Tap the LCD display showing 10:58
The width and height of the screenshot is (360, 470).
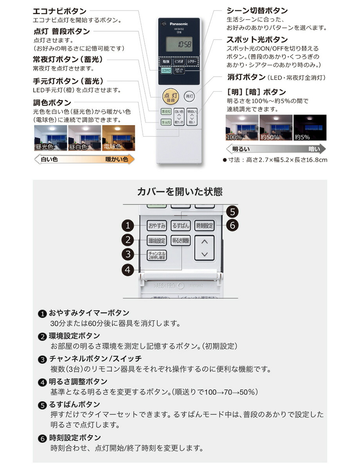click(179, 44)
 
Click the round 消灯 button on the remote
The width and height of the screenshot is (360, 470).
click(189, 96)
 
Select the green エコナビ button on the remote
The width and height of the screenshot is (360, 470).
click(166, 71)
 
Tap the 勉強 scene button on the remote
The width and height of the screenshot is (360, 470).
click(166, 62)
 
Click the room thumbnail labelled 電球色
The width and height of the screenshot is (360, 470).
click(118, 138)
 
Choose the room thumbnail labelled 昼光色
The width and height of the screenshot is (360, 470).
click(50, 138)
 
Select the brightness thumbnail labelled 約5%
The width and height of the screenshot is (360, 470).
click(310, 128)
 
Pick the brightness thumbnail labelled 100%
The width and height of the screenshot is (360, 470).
click(242, 128)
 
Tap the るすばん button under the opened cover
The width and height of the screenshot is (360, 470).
click(180, 226)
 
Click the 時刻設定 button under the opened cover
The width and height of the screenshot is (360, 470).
click(205, 226)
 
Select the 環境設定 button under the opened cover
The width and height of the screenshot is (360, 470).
click(157, 240)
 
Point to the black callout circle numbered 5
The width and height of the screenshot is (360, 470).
click(232, 212)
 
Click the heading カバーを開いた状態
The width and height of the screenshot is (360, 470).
click(180, 192)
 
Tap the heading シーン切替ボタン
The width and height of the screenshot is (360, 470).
click(257, 11)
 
